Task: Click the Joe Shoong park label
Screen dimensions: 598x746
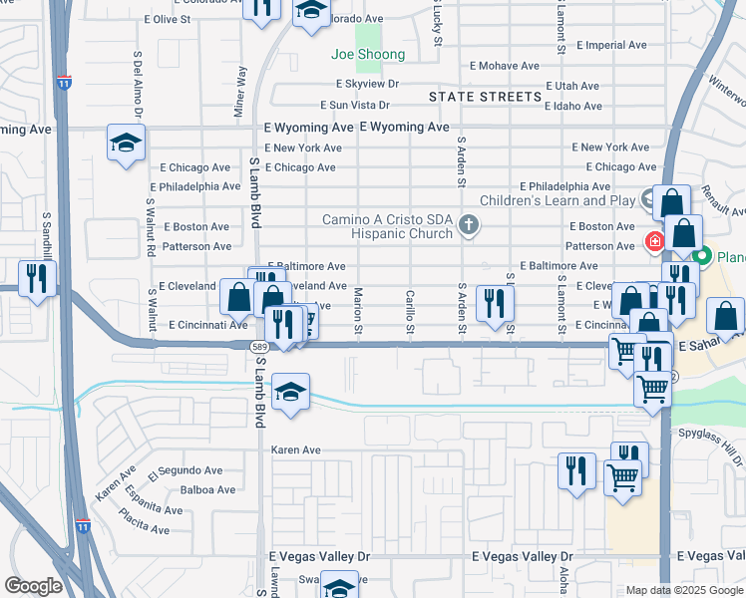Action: (x=369, y=55)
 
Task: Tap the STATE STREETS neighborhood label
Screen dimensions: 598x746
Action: (x=485, y=97)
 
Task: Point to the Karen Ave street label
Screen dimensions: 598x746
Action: (x=296, y=450)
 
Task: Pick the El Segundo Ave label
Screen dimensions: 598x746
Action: (x=186, y=470)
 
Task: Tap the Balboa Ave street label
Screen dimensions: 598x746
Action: (x=207, y=490)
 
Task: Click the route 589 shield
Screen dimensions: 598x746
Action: (x=256, y=345)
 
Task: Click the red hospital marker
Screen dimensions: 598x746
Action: (x=655, y=240)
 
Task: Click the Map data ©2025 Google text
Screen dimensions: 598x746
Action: (x=683, y=590)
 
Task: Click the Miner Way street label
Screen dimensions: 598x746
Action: (x=240, y=93)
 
